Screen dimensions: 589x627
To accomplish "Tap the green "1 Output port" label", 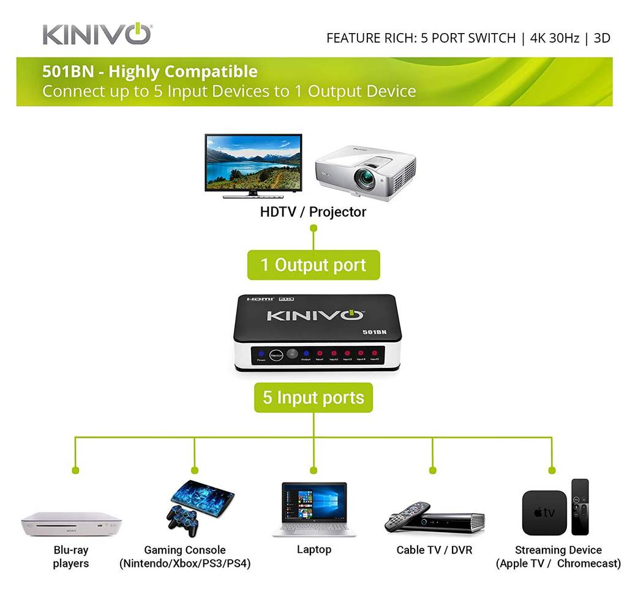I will tap(313, 265).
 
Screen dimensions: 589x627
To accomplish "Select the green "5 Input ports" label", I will tap(313, 397).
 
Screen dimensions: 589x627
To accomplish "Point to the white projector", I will tap(366, 173).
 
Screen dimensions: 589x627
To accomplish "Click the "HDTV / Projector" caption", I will tap(313, 212).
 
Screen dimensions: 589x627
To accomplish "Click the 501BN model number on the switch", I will tap(374, 332).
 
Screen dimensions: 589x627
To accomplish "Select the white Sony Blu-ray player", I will tap(71, 524).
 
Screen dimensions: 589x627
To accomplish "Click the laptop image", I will tap(313, 509).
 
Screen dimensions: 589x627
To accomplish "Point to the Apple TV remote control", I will tap(579, 506).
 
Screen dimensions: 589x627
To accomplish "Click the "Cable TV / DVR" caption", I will tap(434, 550).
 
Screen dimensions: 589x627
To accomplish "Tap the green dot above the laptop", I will tap(313, 470).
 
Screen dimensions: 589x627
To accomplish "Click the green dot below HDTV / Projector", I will tap(313, 228).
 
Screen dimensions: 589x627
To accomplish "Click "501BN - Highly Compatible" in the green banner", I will tap(150, 72).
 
